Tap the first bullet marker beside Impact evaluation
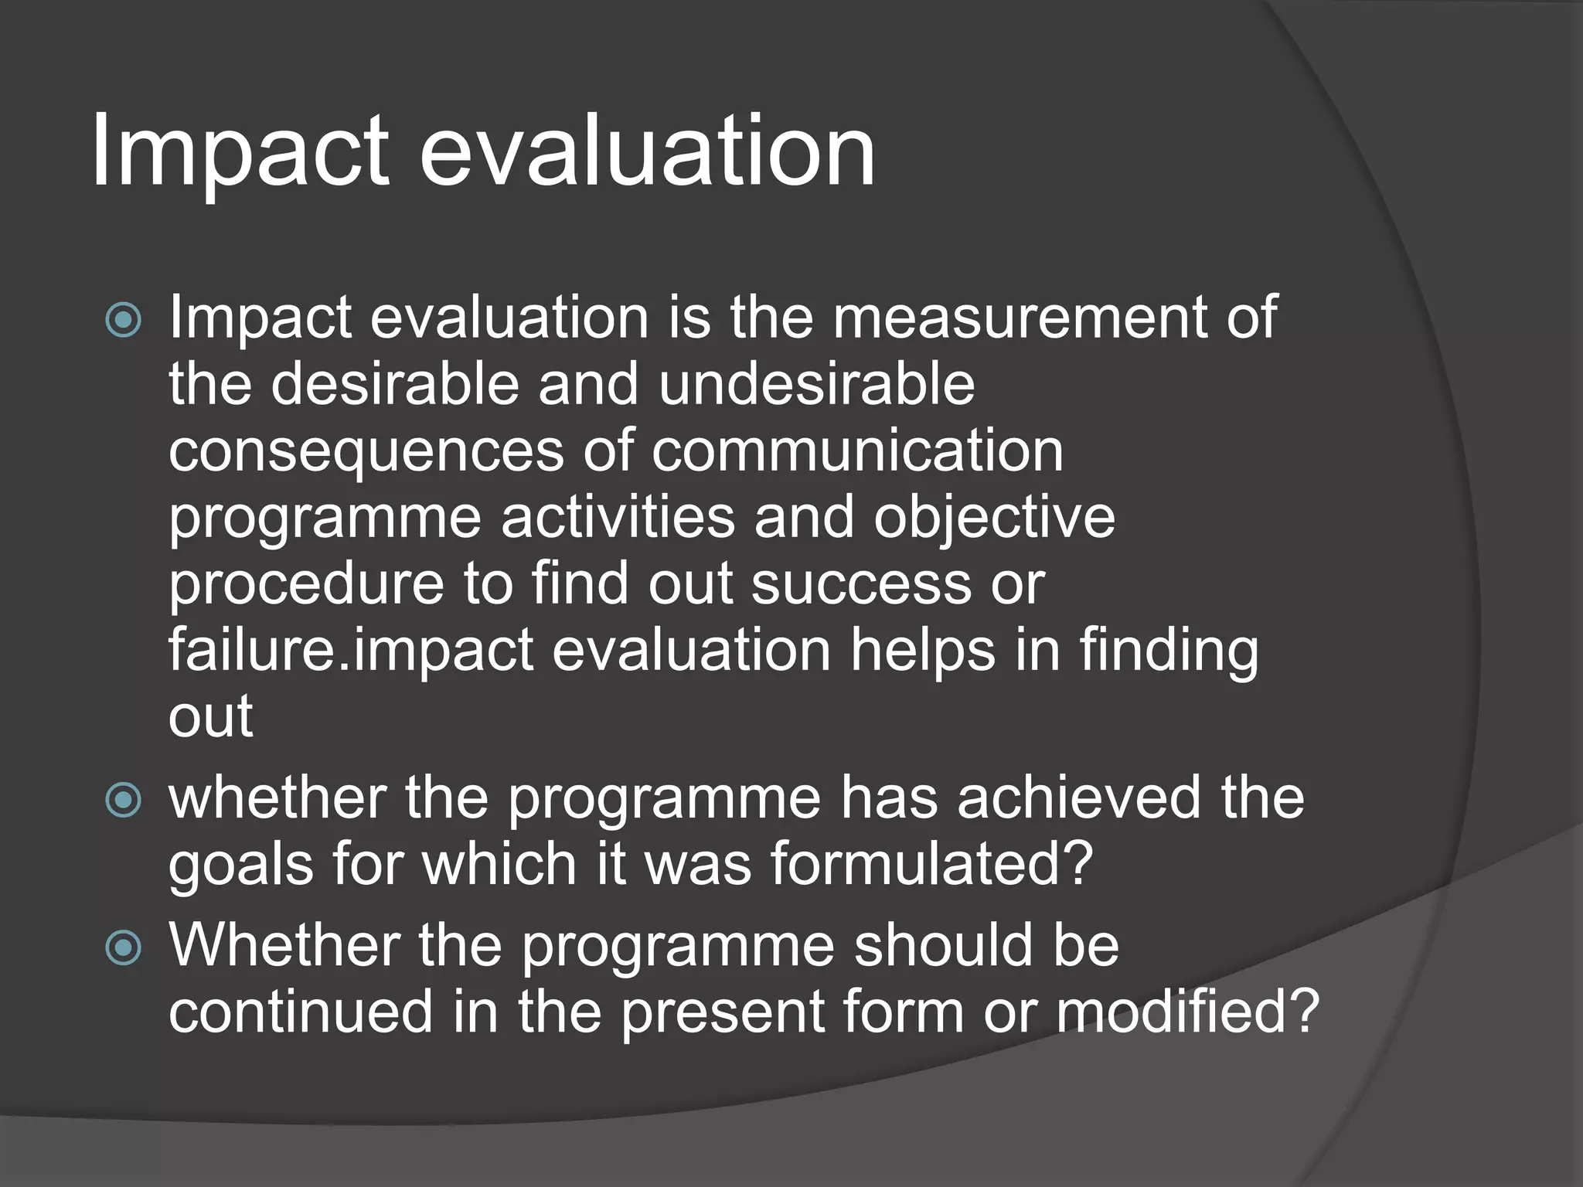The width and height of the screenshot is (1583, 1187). pos(124,320)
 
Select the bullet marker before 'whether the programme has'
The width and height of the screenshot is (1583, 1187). pos(124,800)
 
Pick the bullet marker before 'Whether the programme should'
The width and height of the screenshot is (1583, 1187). pos(124,947)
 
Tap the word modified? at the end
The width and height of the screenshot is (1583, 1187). pos(1187,1012)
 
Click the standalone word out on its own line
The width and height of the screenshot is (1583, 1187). pos(210,716)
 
